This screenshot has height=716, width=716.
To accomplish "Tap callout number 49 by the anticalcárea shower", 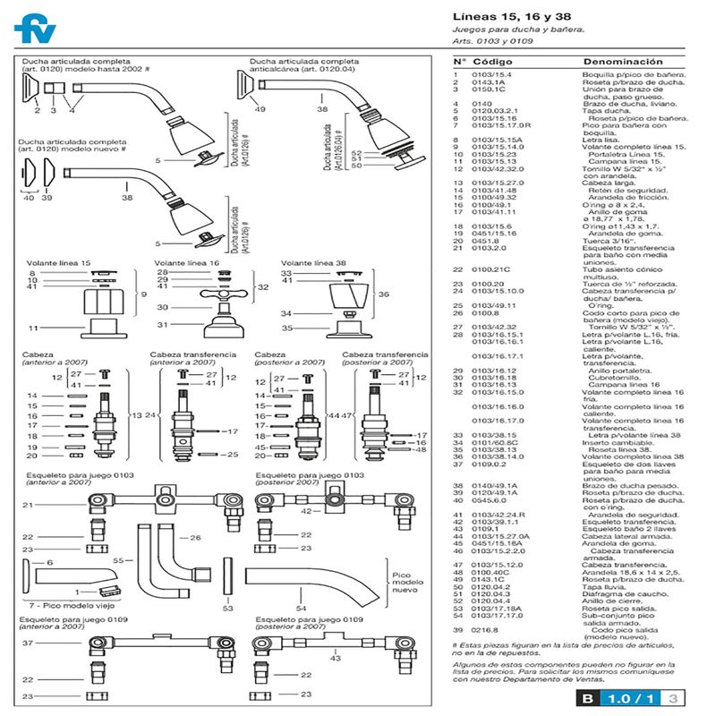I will point(260,108).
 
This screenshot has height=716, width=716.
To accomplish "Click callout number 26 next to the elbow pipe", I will point(193,539).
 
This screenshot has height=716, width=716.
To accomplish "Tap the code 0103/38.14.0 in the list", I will point(496,456).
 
